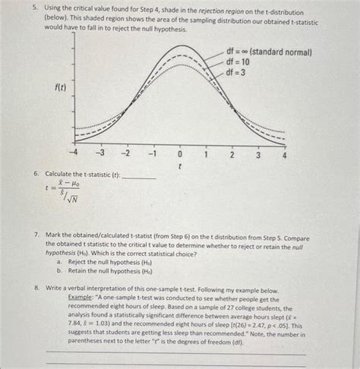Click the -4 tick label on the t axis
tap(74, 154)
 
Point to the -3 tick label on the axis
tap(99, 154)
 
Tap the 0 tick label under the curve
tap(180, 154)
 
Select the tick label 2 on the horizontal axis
tap(232, 154)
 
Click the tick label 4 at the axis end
tap(285, 154)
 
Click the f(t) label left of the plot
tap(59, 88)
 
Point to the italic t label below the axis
tap(180, 165)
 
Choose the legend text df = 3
tap(237, 72)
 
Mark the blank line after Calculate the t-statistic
tap(138, 177)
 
